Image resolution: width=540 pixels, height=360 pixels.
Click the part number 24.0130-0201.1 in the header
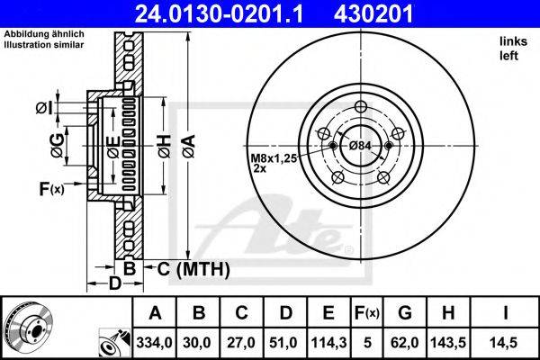tap(219, 13)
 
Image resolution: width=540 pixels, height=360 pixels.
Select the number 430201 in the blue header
tap(373, 13)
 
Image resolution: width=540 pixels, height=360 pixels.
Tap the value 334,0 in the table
tap(154, 342)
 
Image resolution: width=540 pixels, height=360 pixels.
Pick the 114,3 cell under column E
tap(328, 342)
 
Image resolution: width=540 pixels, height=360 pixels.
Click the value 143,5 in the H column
tap(448, 342)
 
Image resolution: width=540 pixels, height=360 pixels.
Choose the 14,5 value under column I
tap(505, 342)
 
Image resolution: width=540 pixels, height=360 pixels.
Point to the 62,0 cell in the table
tap(405, 342)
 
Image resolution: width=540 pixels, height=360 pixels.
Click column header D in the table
tap(286, 313)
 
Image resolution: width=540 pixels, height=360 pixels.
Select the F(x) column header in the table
tap(367, 313)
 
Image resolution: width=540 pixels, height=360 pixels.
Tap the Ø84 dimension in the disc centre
tap(360, 146)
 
